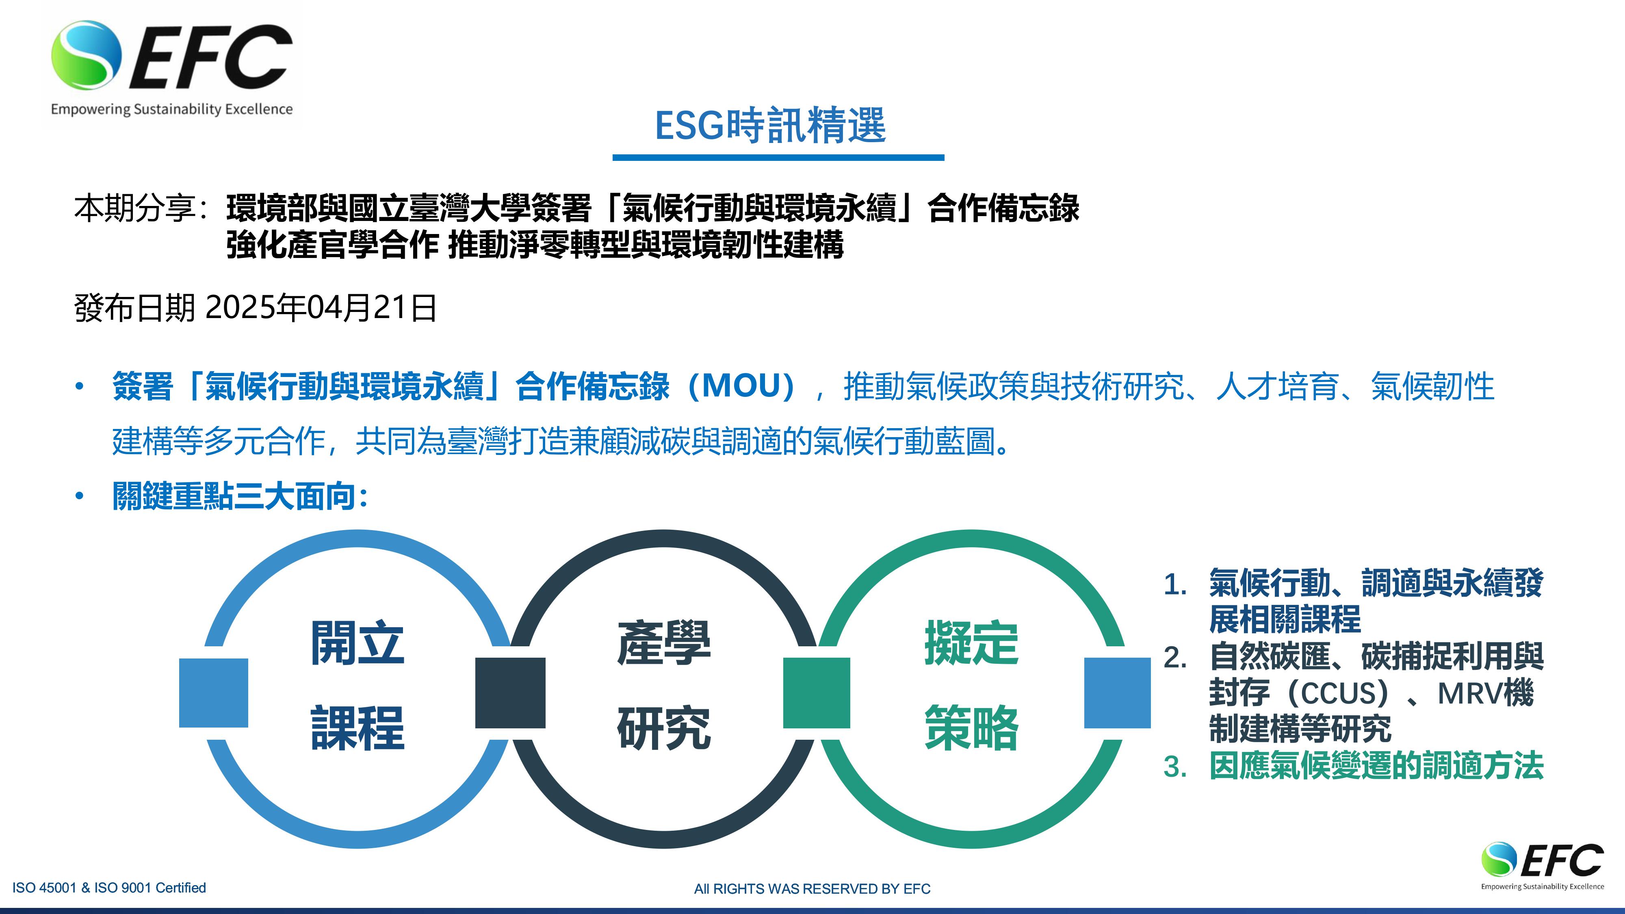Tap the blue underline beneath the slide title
(x=778, y=157)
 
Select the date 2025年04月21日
(x=321, y=308)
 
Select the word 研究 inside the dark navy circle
(x=664, y=728)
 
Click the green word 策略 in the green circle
(x=971, y=728)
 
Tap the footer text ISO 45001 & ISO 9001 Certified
(x=109, y=888)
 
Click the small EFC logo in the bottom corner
(x=1543, y=865)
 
